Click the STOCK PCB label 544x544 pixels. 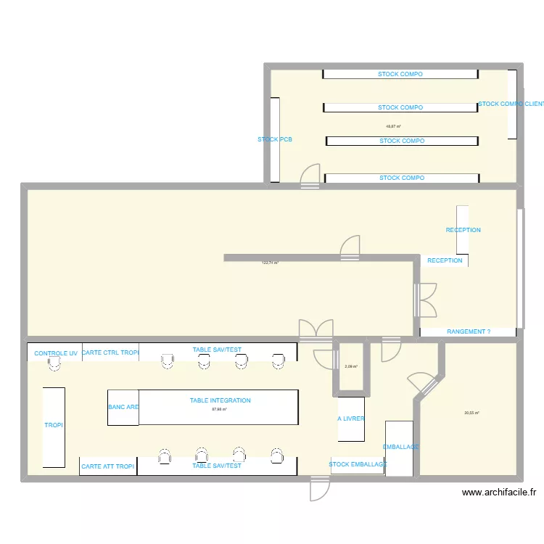[275, 139]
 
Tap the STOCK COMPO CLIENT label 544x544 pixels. [511, 104]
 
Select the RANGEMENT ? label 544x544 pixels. [469, 331]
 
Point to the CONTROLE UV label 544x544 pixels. [56, 353]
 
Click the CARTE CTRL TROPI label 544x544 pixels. [110, 353]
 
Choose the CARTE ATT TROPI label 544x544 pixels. [107, 466]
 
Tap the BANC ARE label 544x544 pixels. [123, 407]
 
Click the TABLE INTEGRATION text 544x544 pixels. [221, 400]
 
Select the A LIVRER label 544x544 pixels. [351, 419]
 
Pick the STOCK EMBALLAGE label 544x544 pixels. [358, 464]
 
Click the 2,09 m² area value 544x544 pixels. [351, 367]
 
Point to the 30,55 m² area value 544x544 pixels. [471, 413]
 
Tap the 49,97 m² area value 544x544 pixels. [394, 125]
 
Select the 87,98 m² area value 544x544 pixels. [219, 410]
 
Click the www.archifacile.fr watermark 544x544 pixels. [499, 492]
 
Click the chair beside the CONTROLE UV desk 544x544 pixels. [54, 367]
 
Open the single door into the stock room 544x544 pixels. [310, 176]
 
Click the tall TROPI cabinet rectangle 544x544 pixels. [54, 426]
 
